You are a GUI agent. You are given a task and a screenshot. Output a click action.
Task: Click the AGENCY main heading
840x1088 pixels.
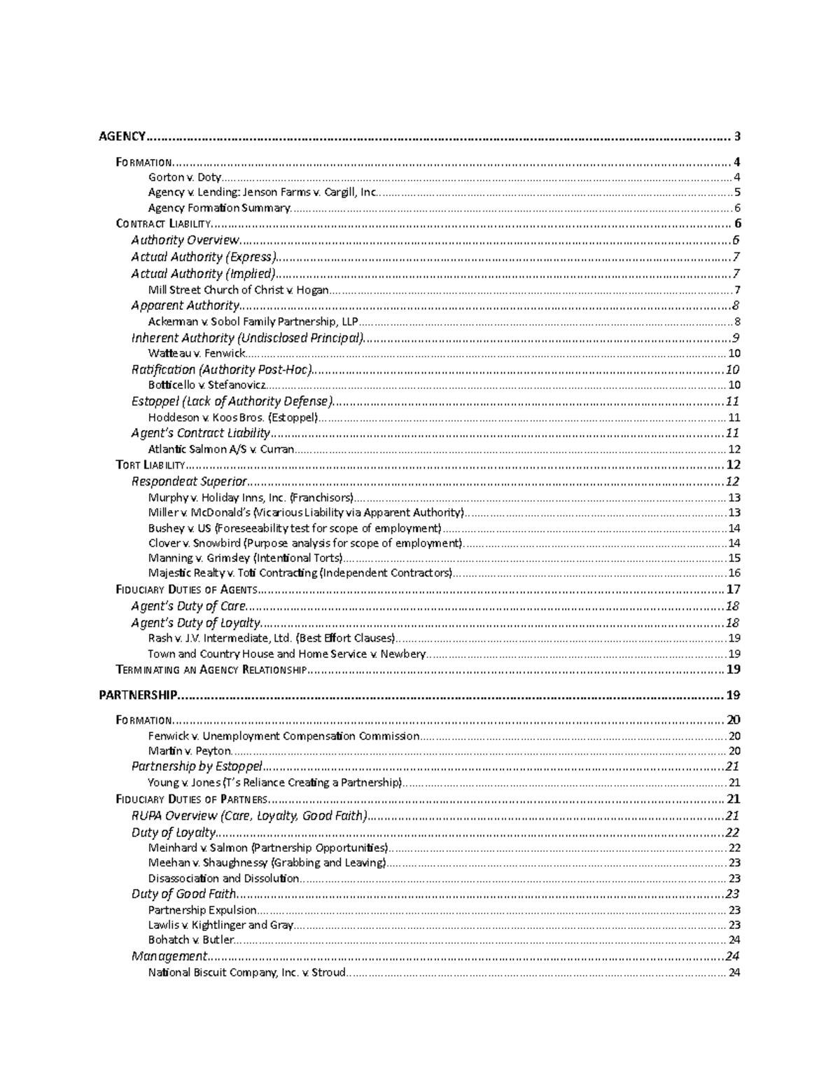click(122, 137)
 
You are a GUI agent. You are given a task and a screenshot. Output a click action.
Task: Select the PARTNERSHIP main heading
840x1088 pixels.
click(138, 696)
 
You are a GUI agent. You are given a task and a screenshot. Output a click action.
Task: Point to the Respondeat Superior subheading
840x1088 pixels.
click(189, 481)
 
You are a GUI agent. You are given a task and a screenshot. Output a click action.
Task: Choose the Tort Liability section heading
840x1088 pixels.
click(150, 465)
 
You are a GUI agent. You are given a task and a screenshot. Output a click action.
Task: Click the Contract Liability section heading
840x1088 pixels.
click(162, 224)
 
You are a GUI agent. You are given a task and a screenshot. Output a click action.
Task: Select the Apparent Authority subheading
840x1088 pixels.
click(185, 305)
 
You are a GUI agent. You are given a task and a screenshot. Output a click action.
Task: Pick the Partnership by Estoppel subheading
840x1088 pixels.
click(197, 766)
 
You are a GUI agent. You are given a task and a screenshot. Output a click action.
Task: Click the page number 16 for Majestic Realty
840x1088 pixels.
click(734, 573)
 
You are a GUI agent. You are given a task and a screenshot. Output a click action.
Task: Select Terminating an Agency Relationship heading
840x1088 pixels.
click(211, 670)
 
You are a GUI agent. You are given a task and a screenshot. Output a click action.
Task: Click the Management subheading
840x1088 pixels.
click(169, 956)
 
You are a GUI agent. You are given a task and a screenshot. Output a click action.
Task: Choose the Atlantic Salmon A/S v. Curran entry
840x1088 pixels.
click(220, 450)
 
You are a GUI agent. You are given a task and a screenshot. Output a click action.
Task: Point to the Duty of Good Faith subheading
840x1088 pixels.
click(183, 894)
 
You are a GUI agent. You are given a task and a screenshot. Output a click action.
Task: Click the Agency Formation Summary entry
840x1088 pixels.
click(218, 208)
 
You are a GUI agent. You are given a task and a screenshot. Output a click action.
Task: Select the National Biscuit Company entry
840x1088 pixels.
click(246, 972)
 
